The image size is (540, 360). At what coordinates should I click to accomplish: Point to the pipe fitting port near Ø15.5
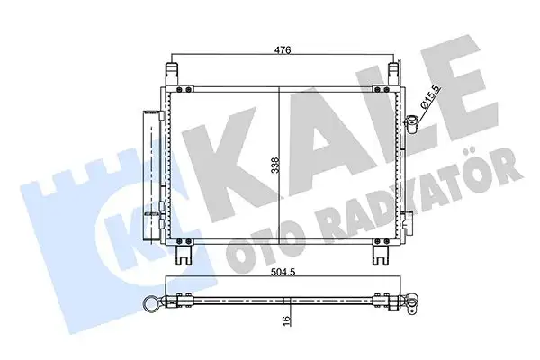tap(413, 125)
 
